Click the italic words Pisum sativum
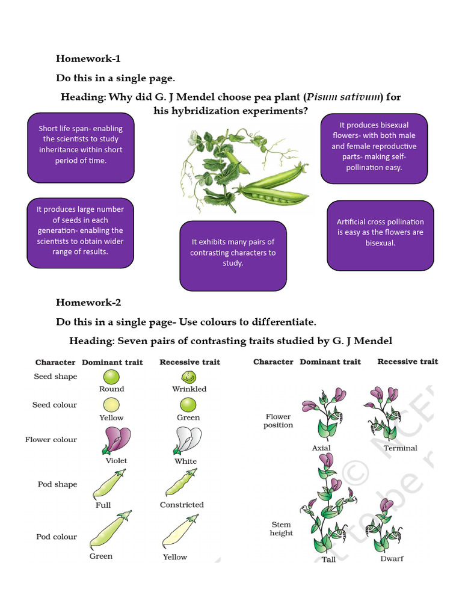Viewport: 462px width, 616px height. coord(344,97)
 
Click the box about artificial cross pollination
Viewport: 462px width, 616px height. coord(380,233)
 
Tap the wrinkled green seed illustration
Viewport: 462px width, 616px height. coord(189,377)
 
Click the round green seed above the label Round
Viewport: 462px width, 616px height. coord(111,377)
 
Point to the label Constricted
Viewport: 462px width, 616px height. coord(182,505)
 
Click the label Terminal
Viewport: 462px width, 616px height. coord(400,448)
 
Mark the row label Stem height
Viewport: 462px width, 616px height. coord(282,529)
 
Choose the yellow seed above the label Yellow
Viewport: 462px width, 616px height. coord(111,404)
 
